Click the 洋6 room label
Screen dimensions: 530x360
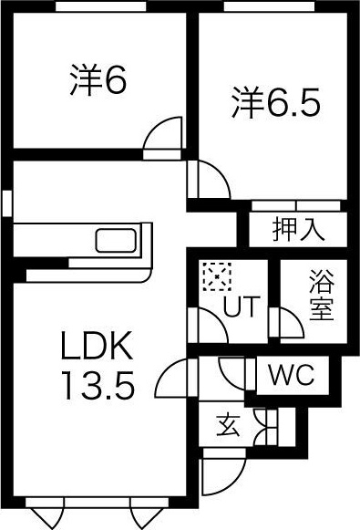tap(97, 81)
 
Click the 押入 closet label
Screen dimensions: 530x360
tap(298, 229)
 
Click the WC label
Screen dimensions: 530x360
tap(291, 374)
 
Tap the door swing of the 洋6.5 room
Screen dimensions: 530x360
tap(209, 179)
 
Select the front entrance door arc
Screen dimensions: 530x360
tap(221, 474)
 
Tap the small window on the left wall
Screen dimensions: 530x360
tap(7, 203)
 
